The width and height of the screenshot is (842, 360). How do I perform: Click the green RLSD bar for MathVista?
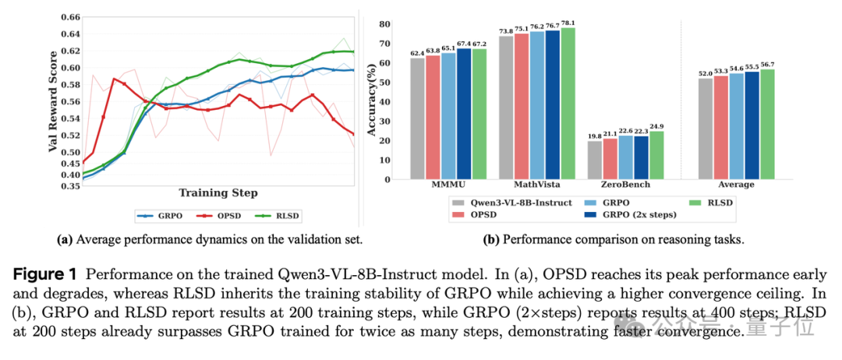coord(568,104)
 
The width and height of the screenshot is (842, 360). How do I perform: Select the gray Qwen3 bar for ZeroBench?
coord(594,161)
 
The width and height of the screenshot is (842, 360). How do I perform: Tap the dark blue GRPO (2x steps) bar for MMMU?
coord(463,114)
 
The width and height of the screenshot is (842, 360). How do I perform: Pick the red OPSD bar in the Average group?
coord(720,128)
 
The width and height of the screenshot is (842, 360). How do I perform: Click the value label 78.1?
coord(568,23)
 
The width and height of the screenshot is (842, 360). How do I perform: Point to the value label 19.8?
coord(594,136)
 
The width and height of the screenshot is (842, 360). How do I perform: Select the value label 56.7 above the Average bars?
coord(767,65)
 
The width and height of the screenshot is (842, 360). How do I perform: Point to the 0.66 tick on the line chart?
coord(72,17)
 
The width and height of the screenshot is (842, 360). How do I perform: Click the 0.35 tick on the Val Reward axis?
coord(72,185)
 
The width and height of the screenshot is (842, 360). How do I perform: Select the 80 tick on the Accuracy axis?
coord(384,24)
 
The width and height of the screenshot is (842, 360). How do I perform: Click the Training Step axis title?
coord(218,192)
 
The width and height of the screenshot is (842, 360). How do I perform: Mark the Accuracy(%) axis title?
coord(372,102)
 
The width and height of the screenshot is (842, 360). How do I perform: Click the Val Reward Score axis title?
coord(53,101)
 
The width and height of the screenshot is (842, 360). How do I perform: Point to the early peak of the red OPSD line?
coord(114,79)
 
